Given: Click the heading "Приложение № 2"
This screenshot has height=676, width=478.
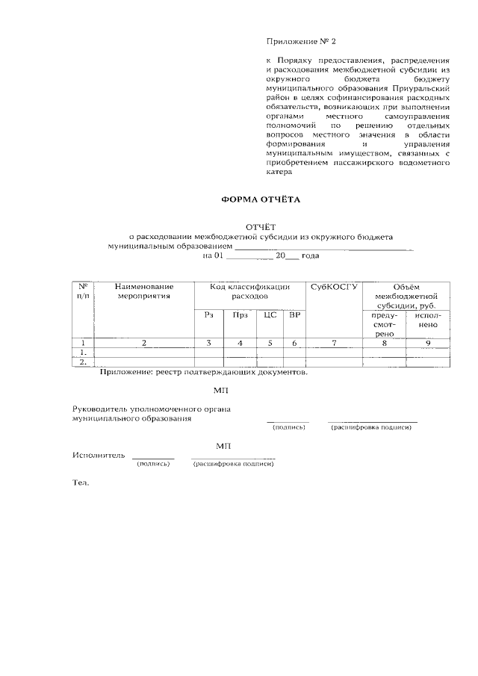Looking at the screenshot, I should coord(296,42).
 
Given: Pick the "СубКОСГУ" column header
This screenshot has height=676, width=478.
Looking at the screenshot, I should coord(334,287).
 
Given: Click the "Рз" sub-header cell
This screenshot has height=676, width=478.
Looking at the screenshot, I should coord(208,315).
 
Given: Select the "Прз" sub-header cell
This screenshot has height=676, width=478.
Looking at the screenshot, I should coord(239,315).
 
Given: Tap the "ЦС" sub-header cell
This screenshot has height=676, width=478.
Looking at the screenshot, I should coord(270,315).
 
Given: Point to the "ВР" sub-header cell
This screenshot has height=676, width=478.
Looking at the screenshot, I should coord(294,315).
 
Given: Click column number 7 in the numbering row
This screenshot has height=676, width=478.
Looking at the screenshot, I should coord(335,343).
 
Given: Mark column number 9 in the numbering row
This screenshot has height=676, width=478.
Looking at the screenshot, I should coord(426,343).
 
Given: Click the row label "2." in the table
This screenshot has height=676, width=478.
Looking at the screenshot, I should coord(84,362).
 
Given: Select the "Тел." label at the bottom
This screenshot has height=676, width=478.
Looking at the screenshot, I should coord(80,483).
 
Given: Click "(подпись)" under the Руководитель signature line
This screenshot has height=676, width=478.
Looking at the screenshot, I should coord(289,427).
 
